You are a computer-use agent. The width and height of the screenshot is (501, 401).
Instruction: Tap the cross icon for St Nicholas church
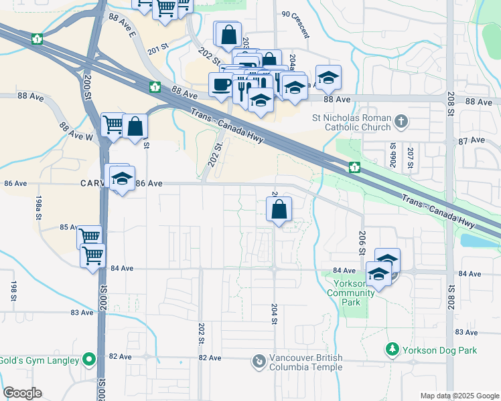point(401,122)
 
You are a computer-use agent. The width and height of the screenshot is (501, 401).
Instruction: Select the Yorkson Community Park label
point(347,293)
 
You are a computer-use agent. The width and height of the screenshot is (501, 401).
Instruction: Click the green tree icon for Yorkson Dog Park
point(392,349)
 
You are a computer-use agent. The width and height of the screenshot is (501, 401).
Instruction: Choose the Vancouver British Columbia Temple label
point(305,362)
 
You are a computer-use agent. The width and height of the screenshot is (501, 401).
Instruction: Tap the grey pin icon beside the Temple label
point(259,362)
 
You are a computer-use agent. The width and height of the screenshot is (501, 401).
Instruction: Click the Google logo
point(21,393)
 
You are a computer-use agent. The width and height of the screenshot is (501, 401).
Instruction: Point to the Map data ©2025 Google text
point(459,396)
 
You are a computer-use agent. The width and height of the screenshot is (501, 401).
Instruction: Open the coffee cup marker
point(221,85)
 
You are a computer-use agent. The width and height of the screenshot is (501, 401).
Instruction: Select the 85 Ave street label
point(70,227)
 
